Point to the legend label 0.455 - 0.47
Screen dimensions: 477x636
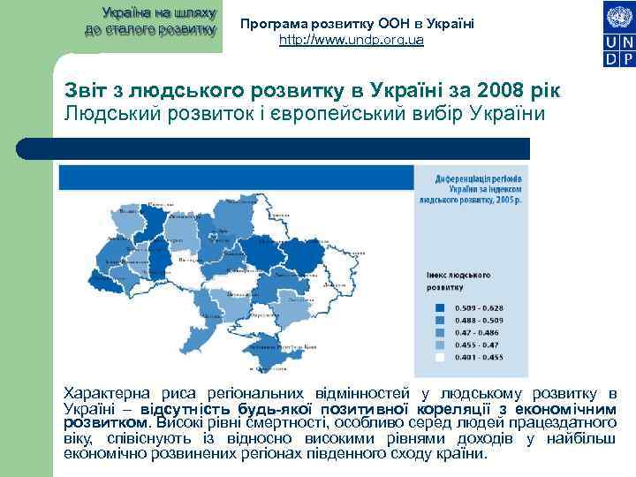pyautogui.click(x=471, y=344)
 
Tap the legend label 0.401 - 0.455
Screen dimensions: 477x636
pyautogui.click(x=473, y=357)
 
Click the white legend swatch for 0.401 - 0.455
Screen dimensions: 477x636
pyautogui.click(x=440, y=357)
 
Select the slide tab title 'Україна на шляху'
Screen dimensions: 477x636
pyautogui.click(x=150, y=14)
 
